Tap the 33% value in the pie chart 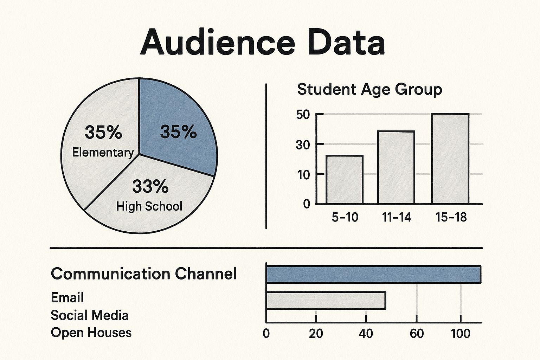click(x=150, y=186)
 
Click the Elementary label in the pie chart click(x=103, y=153)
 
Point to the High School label click(x=149, y=206)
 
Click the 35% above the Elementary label click(x=103, y=133)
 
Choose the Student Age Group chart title click(x=369, y=89)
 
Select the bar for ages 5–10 click(x=345, y=180)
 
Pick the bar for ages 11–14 click(x=396, y=167)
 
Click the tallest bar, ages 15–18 click(x=450, y=159)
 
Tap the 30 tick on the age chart click(x=303, y=144)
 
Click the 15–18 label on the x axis click(x=451, y=217)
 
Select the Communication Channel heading click(x=144, y=274)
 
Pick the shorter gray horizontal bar click(x=326, y=301)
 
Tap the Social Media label click(x=90, y=315)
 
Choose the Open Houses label click(x=91, y=332)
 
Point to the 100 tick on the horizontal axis click(x=461, y=333)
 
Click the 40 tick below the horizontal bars click(x=366, y=333)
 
